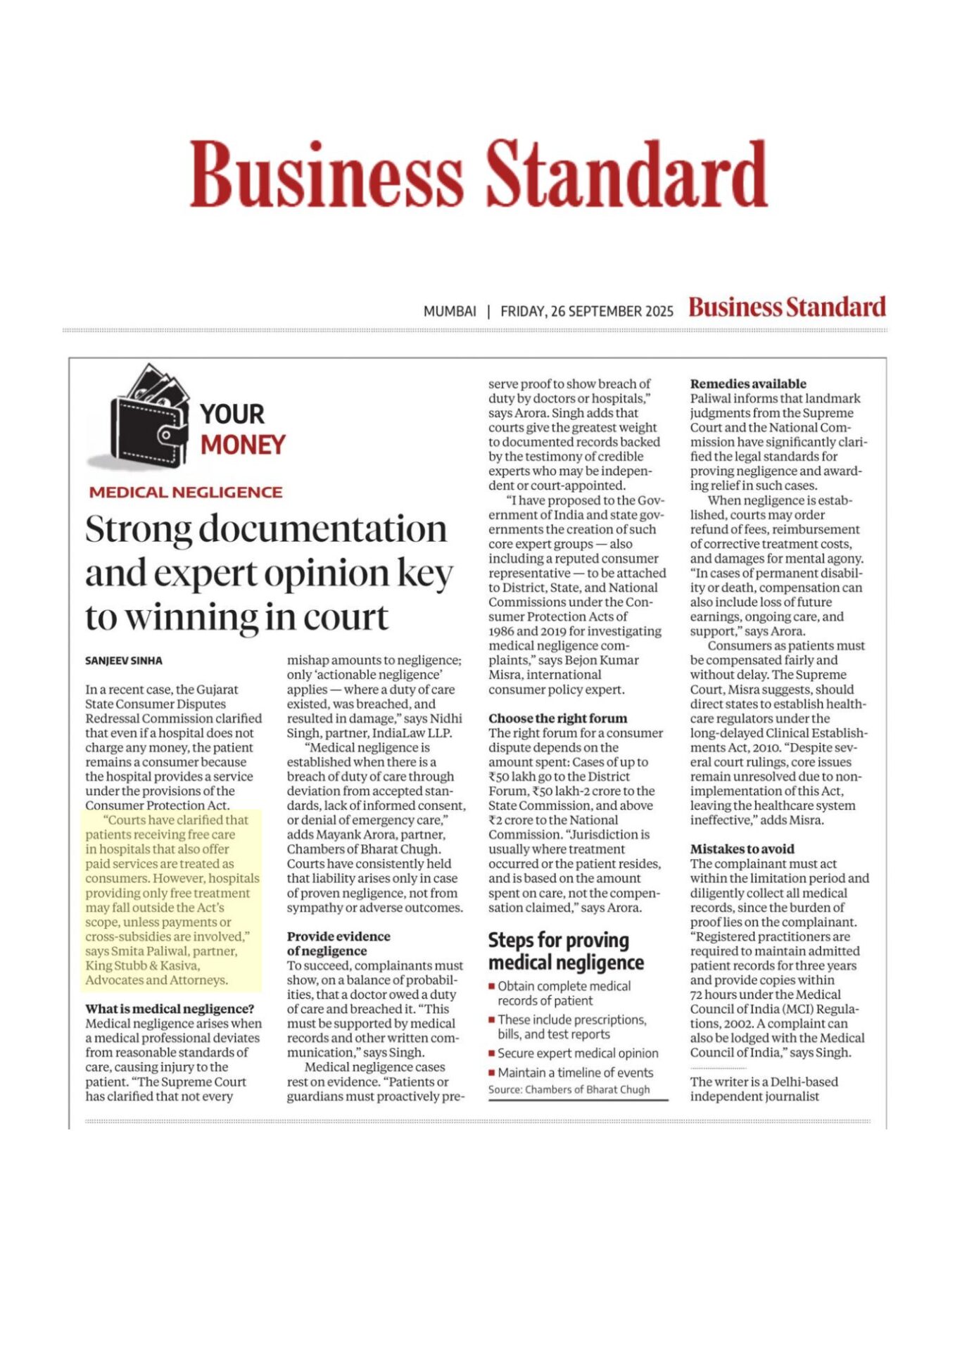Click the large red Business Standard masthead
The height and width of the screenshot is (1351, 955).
478,173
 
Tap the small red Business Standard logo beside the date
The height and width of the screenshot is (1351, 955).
786,308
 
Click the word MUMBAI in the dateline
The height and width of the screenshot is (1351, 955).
450,311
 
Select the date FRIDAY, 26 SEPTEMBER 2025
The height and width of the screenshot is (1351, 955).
586,311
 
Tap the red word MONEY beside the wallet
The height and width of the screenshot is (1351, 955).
243,445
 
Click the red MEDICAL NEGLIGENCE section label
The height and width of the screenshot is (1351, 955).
185,493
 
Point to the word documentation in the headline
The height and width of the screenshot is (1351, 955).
322,529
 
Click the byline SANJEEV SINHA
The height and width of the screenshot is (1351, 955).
124,661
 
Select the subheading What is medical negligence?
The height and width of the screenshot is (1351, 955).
170,1009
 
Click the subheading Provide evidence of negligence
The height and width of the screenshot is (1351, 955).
338,944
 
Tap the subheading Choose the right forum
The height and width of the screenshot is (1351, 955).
557,718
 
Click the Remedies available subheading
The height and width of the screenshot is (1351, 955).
747,384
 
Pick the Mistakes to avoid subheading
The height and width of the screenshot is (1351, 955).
742,849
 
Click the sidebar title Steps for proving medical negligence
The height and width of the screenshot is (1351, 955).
565,951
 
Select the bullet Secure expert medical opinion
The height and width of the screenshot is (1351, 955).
578,1053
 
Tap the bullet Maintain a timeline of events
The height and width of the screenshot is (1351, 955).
575,1072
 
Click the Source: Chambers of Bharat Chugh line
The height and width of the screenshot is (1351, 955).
569,1090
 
